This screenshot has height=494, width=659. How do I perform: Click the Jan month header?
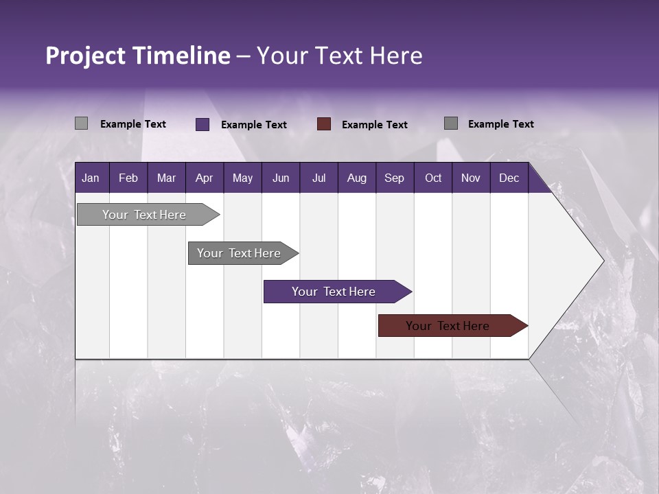91,178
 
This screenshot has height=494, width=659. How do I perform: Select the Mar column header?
166,178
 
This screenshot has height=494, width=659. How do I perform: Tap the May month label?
242,178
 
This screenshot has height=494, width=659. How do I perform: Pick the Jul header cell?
319,178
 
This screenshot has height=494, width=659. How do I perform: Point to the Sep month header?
394,178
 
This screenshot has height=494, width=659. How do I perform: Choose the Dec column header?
509,178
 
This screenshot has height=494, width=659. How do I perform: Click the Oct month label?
433,178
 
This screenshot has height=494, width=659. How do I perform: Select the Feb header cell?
128,178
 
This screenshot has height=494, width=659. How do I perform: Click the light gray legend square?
81,123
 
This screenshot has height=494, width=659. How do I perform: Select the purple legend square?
203,124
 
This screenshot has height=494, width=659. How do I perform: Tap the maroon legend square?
324,123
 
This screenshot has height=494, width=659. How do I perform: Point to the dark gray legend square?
451,123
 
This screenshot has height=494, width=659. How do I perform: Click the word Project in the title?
86,56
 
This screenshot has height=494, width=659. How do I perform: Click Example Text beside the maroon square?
375,124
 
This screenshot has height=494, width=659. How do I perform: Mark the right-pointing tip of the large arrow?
603,261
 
